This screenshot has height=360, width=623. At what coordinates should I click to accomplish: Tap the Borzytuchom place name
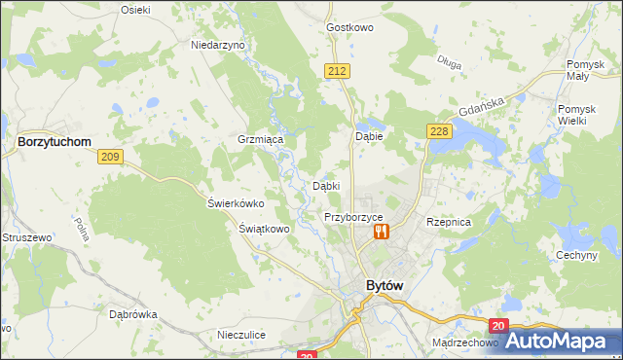click(55, 141)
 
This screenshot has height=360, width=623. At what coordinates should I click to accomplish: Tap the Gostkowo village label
click(351, 28)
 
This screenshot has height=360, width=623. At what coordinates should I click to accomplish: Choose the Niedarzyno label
click(219, 46)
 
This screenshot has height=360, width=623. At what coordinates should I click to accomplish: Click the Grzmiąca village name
click(260, 140)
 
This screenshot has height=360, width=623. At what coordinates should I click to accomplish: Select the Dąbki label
click(325, 186)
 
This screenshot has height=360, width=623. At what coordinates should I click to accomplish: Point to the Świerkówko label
click(237, 203)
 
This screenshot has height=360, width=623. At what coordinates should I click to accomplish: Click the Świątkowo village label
click(265, 230)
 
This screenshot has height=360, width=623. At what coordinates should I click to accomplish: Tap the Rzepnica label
click(449, 222)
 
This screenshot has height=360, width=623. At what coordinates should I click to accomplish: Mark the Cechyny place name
click(576, 255)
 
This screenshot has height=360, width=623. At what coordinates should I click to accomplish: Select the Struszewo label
click(26, 237)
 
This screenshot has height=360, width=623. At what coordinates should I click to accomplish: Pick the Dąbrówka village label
click(133, 314)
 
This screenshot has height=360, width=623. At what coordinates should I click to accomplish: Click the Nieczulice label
click(241, 335)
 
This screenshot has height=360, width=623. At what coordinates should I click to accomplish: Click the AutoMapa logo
click(563, 341)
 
